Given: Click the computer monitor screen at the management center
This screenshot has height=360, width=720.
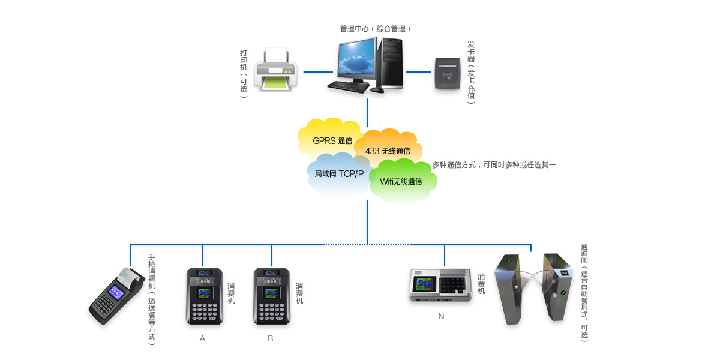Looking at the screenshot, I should pyautogui.click(x=356, y=60).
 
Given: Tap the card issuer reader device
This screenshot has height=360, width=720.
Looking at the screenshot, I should pyautogui.click(x=448, y=73).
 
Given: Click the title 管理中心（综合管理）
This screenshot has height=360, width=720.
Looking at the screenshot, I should pyautogui.click(x=375, y=29).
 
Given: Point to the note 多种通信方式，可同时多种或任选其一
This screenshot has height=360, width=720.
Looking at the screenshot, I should pyautogui.click(x=494, y=164).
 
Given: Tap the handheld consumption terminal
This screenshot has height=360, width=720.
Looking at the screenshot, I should pyautogui.click(x=116, y=297).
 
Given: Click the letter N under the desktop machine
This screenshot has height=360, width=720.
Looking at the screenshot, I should pyautogui.click(x=441, y=316).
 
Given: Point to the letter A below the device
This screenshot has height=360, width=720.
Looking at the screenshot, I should pyautogui.click(x=202, y=338).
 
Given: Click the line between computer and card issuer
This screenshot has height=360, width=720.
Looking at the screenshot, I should pyautogui.click(x=418, y=72).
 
